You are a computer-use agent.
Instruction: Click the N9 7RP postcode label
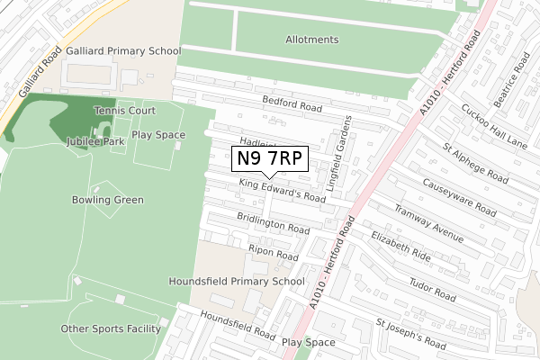point(270,158)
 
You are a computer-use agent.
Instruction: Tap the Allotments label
point(311,40)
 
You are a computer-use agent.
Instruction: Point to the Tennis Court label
point(125,110)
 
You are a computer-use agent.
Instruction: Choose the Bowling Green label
point(107,200)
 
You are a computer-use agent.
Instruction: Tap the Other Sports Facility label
point(111,328)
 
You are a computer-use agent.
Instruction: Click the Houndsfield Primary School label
point(238,281)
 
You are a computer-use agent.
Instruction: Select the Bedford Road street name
point(292,104)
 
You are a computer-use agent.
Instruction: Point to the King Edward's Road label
point(282,190)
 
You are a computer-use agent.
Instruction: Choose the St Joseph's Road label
point(410,331)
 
